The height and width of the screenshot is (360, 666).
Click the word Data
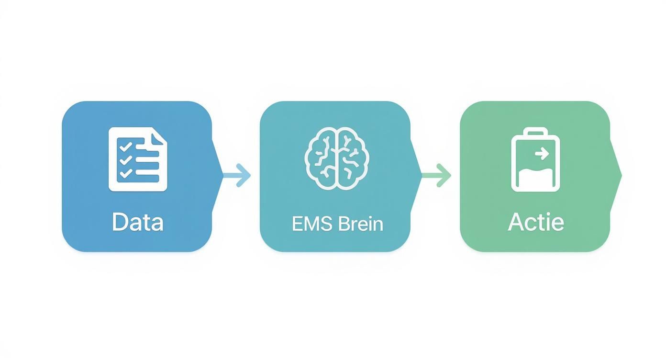click(137, 223)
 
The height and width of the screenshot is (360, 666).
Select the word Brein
click(360, 224)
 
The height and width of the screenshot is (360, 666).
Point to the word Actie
click(536, 223)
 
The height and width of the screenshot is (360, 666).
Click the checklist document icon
click(138, 159)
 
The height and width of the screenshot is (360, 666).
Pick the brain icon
click(338, 157)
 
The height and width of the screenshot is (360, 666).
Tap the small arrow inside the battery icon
click(542, 154)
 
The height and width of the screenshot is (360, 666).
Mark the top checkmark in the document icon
click(125, 146)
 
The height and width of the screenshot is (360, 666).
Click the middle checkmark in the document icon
click(125, 160)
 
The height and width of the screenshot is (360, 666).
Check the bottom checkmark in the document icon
click(125, 174)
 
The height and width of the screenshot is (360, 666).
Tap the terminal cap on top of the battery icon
click(535, 132)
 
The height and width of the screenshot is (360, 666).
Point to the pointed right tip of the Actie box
click(620, 175)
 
